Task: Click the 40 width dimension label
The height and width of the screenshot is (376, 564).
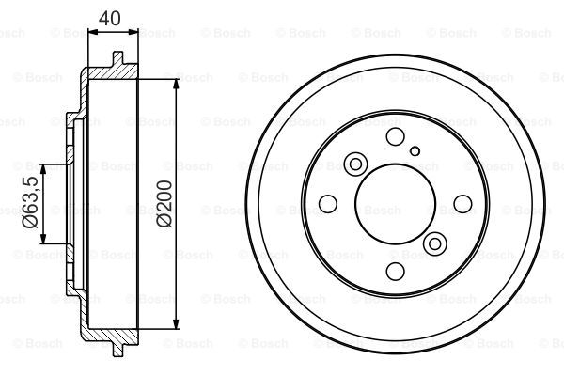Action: tap(110, 19)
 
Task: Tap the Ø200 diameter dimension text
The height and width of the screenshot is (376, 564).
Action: tap(164, 204)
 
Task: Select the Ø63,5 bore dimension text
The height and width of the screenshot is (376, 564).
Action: tap(31, 202)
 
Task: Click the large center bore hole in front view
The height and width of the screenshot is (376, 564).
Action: tap(396, 204)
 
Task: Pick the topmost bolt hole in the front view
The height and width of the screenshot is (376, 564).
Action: tap(395, 136)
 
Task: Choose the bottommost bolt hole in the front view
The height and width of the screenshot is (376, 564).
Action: tap(395, 272)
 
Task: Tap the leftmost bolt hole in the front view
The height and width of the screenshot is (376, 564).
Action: tap(328, 204)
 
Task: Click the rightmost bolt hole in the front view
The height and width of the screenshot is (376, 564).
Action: tap(462, 204)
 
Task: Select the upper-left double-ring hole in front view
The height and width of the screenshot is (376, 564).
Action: tap(355, 164)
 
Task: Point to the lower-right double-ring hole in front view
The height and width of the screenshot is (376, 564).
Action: tap(435, 244)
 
